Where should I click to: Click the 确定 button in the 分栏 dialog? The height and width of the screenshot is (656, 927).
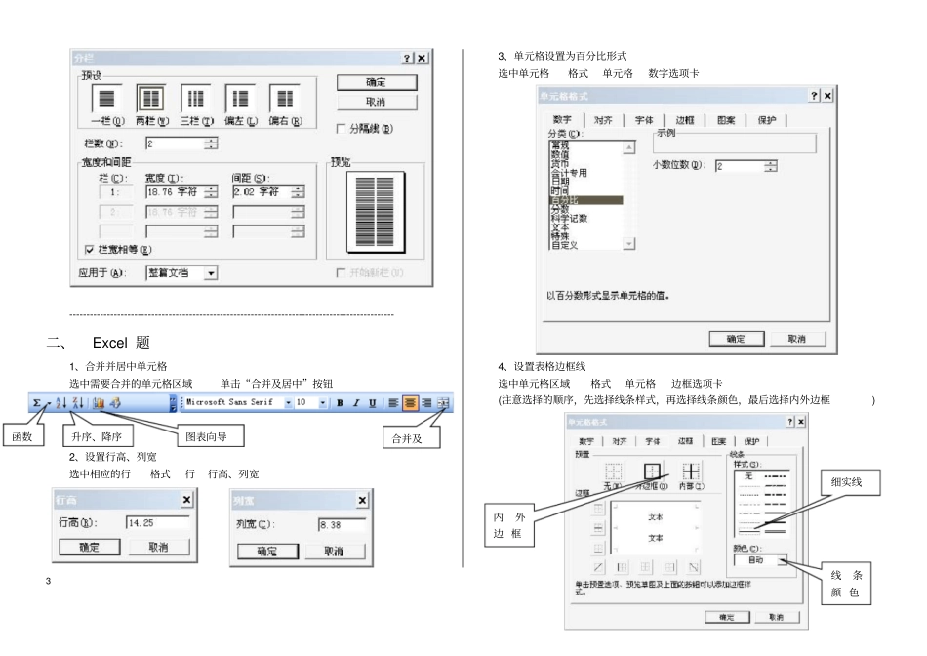[x=376, y=83]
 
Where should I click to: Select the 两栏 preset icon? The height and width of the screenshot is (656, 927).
[x=150, y=100]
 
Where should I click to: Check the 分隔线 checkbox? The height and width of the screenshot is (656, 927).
[x=342, y=129]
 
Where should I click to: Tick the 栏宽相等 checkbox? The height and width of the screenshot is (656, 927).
[x=90, y=250]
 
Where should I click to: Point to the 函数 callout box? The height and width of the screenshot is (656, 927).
[x=22, y=437]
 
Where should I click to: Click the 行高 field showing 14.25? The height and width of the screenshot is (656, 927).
[x=156, y=522]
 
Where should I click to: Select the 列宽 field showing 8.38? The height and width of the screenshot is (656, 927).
[x=342, y=525]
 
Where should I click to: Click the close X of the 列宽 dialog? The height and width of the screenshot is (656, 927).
[x=363, y=500]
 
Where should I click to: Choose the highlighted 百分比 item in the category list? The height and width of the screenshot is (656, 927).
[x=584, y=199]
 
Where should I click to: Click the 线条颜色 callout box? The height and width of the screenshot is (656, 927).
[x=845, y=584]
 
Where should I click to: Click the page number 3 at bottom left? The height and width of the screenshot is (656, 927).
[x=48, y=583]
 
